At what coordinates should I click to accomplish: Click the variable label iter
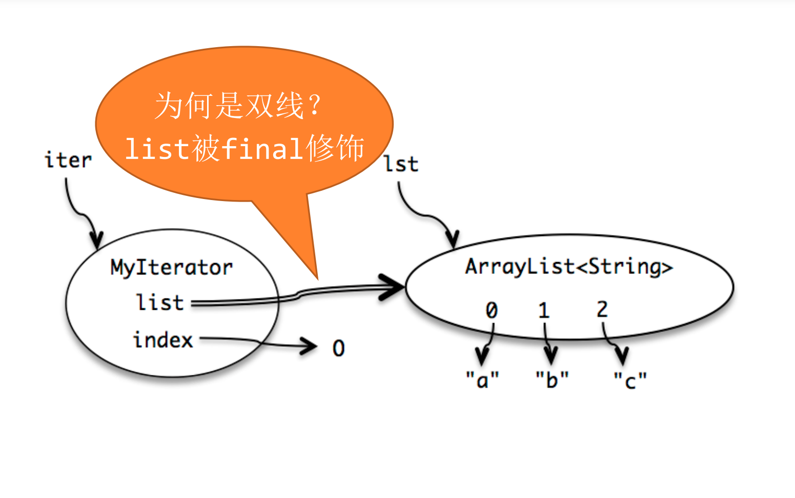click(x=68, y=160)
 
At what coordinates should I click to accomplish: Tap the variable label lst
click(x=401, y=164)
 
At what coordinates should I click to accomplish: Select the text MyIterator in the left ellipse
click(x=172, y=268)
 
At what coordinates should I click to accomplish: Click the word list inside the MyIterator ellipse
click(x=160, y=302)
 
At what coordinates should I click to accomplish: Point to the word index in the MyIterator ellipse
click(x=163, y=340)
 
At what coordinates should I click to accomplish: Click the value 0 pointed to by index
click(x=339, y=348)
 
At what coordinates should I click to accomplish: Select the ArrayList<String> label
click(x=569, y=267)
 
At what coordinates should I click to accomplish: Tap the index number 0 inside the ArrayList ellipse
click(x=492, y=310)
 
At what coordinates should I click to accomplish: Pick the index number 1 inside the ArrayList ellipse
click(x=544, y=310)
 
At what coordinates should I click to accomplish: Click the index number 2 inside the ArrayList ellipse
click(x=602, y=309)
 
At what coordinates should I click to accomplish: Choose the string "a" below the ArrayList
click(x=482, y=380)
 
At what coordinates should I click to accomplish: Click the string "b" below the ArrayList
click(x=552, y=380)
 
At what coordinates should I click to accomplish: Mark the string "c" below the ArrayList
click(x=630, y=381)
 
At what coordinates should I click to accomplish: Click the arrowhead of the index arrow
click(x=309, y=346)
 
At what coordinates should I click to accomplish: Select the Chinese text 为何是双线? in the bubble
click(x=238, y=106)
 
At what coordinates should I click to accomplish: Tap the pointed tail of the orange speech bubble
click(x=317, y=279)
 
